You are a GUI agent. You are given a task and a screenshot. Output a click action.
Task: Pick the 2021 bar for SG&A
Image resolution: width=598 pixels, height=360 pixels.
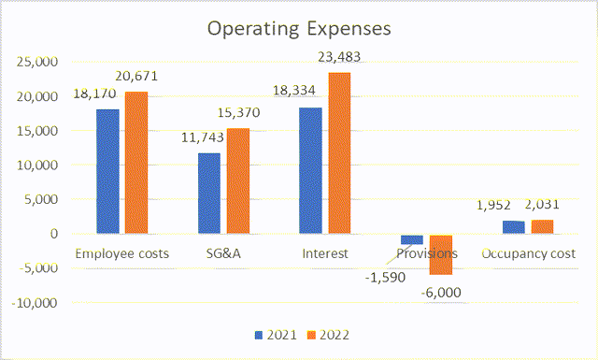[x=208, y=194]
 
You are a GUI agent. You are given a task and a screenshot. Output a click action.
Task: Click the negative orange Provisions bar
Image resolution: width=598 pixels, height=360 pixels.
[x=441, y=254]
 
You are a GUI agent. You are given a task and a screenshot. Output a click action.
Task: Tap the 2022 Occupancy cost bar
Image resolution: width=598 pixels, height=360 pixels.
[x=543, y=227]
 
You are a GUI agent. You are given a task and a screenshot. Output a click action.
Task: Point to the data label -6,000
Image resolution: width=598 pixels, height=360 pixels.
[x=441, y=292]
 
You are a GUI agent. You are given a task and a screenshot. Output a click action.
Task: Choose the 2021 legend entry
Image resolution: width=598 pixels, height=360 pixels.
[x=271, y=334]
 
